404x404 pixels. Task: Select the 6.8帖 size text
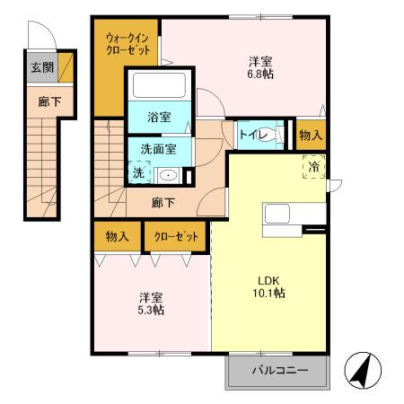tap(261, 75)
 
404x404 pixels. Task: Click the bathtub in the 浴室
tap(159, 87)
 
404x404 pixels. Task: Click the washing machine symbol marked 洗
tap(139, 171)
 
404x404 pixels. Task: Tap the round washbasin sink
tap(168, 174)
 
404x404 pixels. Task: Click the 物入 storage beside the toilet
tap(311, 135)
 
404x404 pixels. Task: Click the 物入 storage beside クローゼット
tap(117, 237)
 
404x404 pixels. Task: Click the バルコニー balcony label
tap(279, 370)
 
